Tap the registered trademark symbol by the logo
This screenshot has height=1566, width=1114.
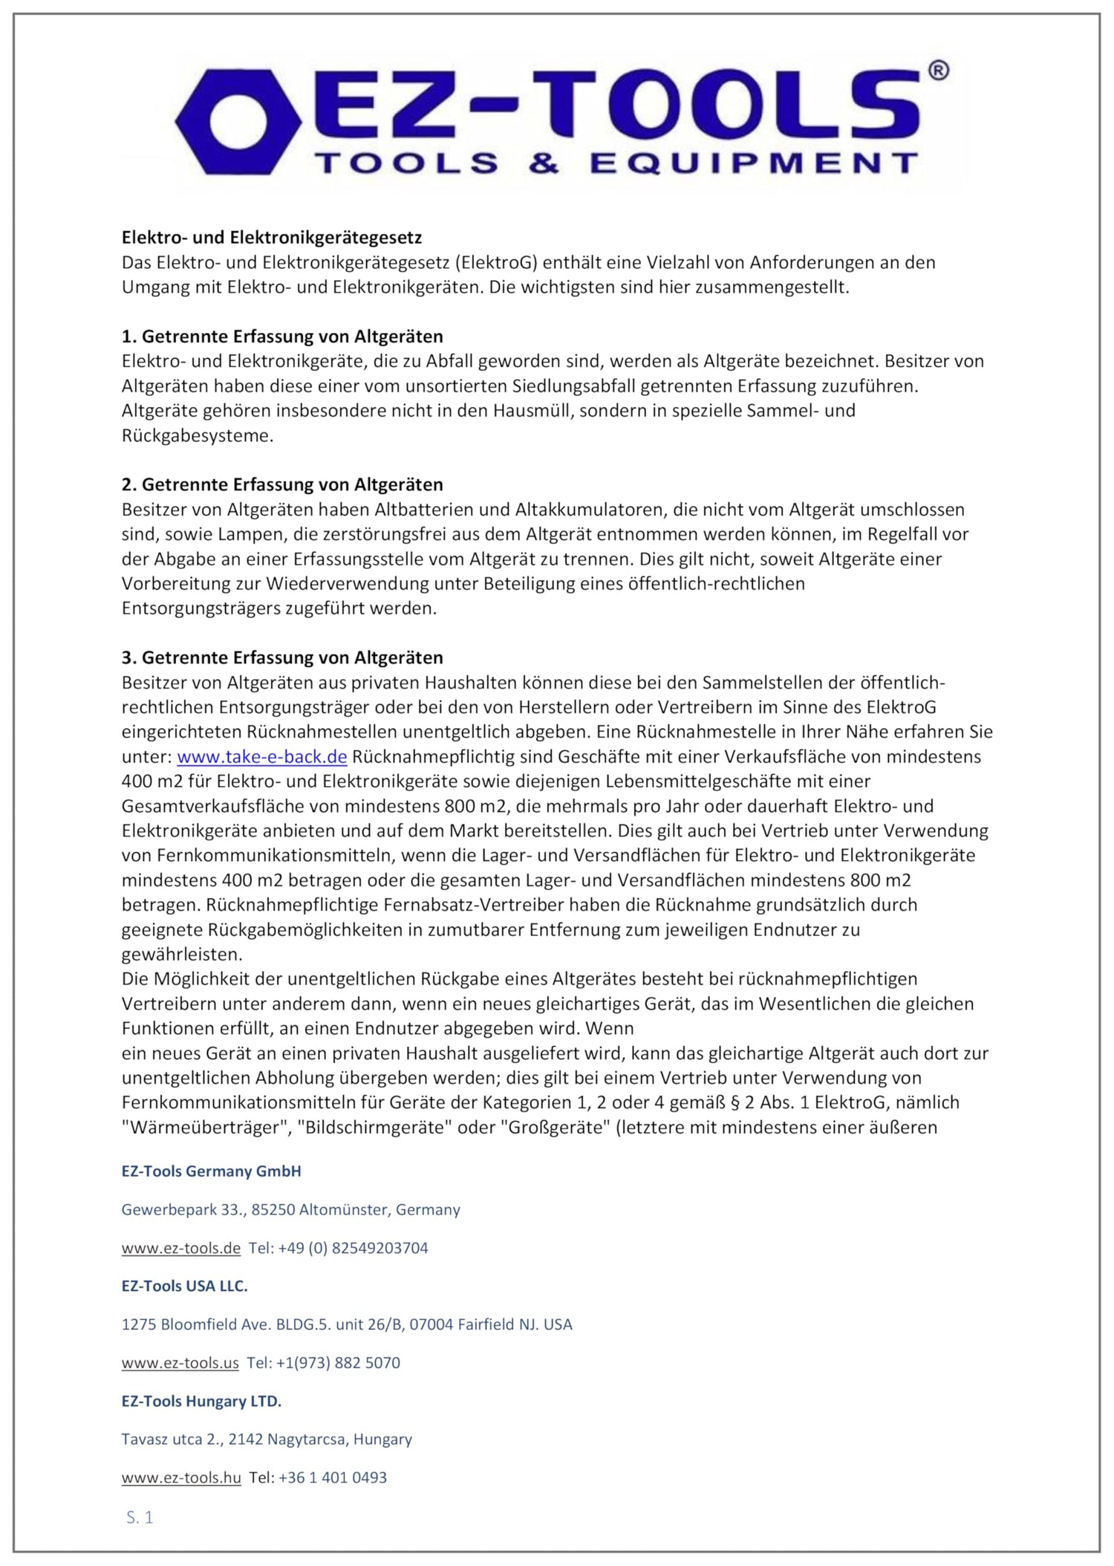coord(938,71)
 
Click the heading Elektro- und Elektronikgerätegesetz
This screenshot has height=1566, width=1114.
coord(272,238)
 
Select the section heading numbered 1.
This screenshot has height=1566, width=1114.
coord(282,337)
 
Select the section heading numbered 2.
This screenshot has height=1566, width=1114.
coord(282,484)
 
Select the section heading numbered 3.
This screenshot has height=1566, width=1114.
coord(282,657)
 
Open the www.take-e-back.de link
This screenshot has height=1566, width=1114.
coord(261,757)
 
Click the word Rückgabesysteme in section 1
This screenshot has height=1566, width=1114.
coord(198,436)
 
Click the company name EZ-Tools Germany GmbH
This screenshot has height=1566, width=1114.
coord(212,1172)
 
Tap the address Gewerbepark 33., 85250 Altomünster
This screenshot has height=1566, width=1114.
coord(290,1209)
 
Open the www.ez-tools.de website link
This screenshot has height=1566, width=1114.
coord(181,1248)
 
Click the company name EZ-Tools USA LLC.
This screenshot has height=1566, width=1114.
coord(185,1286)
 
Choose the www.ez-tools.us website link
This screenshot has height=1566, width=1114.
coord(180,1363)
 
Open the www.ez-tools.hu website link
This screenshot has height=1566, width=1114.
coord(181,1478)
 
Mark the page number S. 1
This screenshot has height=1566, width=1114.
coord(140,1518)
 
